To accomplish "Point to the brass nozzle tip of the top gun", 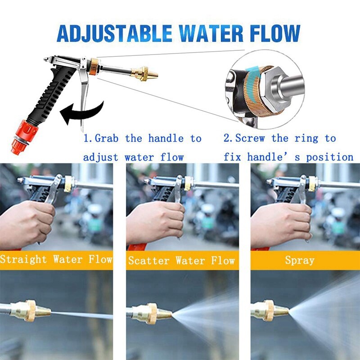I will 143,72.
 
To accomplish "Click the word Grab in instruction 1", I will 108,138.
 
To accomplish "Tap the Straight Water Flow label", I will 56,260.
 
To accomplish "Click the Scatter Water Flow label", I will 182,261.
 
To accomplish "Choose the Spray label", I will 300,260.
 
